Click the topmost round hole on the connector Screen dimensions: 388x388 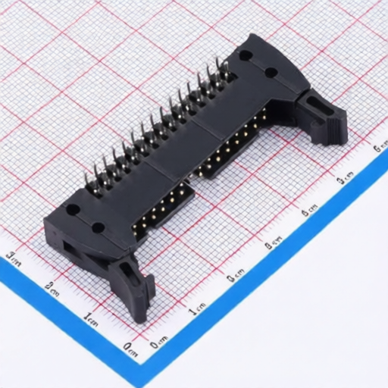pos(246,55)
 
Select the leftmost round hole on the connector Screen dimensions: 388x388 pos(74,210)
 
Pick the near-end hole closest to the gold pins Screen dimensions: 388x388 pos(99,227)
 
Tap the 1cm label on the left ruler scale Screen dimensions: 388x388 pos(91,318)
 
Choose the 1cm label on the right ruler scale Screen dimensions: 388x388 pos(197,309)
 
